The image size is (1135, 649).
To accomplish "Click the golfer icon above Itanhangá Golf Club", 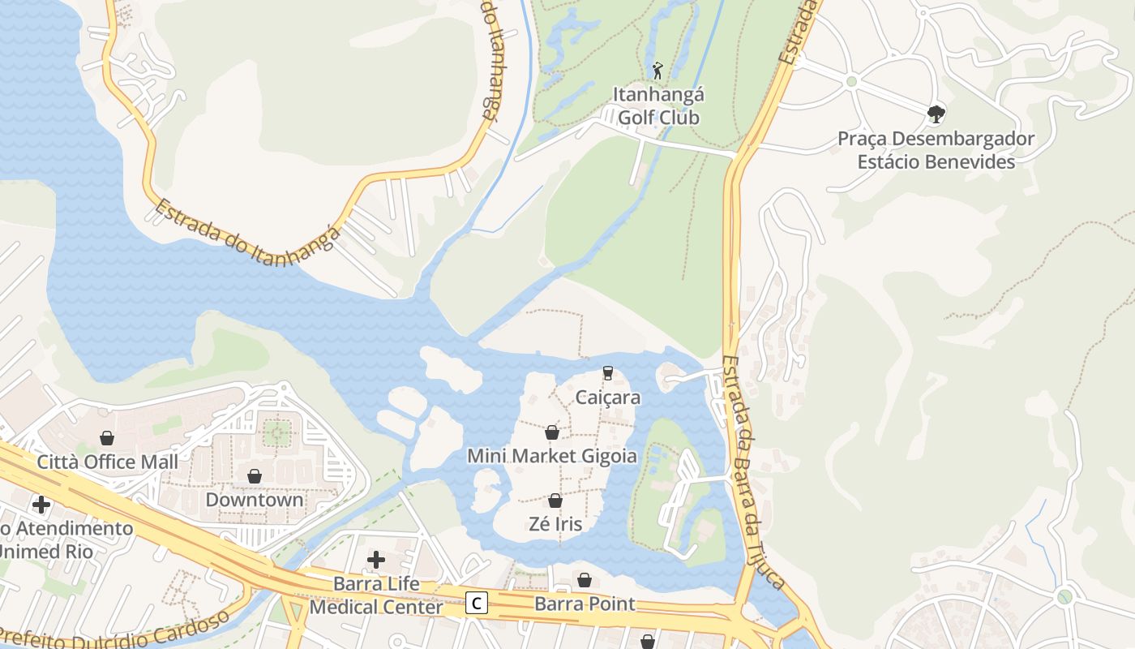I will click(x=657, y=70).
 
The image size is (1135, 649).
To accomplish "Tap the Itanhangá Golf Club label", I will click(x=657, y=106).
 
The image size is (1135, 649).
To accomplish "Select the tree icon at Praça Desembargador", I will click(x=936, y=114).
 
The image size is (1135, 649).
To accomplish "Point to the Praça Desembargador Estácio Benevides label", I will click(x=936, y=150).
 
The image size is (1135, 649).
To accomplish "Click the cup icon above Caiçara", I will click(x=608, y=373).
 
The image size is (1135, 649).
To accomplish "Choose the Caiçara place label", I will click(x=608, y=398).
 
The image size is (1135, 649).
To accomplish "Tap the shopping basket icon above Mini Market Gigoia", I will click(x=552, y=432).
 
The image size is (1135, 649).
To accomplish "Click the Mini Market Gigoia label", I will click(x=552, y=456).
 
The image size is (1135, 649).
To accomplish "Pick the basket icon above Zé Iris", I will click(x=555, y=501).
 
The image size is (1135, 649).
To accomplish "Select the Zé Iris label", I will click(x=555, y=524).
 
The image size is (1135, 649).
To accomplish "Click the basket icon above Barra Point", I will click(x=585, y=580).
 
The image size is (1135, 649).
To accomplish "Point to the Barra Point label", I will click(x=585, y=604).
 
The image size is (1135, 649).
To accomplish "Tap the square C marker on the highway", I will click(x=478, y=603).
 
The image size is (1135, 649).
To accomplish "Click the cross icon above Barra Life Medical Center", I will click(x=376, y=559).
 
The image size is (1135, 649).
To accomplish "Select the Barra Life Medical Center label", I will click(x=377, y=595).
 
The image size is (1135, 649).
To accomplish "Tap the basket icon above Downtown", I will click(x=255, y=475).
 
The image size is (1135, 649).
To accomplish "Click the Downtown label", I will click(x=255, y=500).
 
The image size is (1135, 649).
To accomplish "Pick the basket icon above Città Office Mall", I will click(x=107, y=438).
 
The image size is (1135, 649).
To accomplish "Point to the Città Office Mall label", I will click(x=108, y=462).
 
